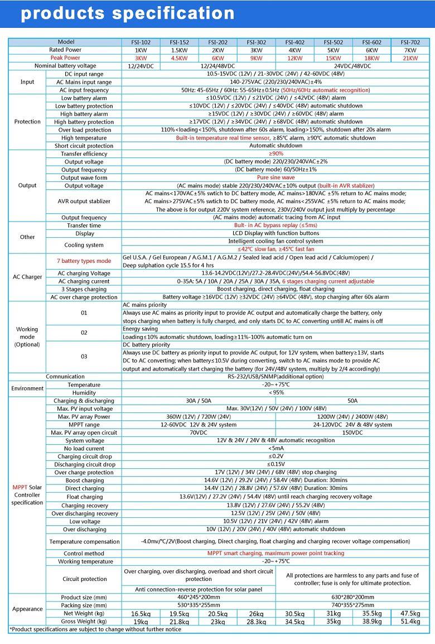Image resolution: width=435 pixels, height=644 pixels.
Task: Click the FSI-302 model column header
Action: tap(257, 42)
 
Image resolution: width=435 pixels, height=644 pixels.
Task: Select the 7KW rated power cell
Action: tap(410, 50)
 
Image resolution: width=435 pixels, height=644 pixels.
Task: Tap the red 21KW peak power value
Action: tap(410, 58)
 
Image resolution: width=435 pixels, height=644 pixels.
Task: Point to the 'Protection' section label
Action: tap(27, 122)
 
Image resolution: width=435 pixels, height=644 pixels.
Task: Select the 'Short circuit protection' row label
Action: tap(84, 146)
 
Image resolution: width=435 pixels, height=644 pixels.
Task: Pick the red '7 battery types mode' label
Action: tap(84, 261)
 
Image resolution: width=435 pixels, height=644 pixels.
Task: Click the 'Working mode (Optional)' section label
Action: tap(27, 337)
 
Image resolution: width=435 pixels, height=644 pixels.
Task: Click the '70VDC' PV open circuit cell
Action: tap(199, 432)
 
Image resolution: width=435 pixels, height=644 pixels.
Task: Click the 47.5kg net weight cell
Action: tap(410, 613)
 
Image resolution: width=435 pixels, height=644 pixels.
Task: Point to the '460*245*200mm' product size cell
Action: tap(199, 597)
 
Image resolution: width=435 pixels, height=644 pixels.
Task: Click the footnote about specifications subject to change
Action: tap(95, 629)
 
